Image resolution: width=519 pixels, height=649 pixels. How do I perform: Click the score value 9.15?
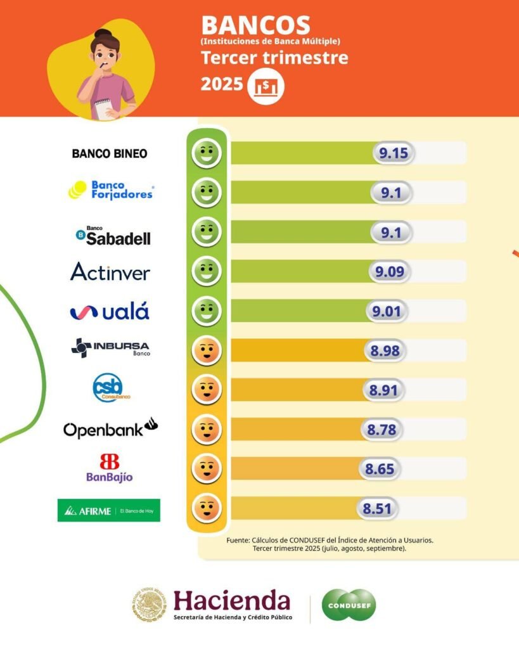393,153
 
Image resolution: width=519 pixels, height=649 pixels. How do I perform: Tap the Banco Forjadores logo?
111,190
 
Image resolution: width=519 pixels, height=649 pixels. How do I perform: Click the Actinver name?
110,272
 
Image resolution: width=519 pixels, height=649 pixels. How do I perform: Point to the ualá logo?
110,311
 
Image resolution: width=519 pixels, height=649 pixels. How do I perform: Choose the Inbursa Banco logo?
110,349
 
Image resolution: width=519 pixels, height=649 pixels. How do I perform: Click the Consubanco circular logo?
108,388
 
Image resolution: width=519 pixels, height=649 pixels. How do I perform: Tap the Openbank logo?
110,429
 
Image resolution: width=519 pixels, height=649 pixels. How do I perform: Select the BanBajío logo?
110,468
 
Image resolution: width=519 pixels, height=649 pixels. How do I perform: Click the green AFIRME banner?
109,510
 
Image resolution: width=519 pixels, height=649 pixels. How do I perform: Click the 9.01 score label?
386,311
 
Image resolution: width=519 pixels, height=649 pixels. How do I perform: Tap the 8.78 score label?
381,430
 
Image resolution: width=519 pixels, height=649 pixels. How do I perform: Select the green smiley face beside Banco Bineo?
207,153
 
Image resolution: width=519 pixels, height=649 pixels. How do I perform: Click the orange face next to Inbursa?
207,350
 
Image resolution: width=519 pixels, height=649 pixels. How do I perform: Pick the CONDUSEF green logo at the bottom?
349,605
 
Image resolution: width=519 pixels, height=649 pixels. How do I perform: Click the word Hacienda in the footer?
232,600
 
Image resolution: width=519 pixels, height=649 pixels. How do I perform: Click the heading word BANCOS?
256,26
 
